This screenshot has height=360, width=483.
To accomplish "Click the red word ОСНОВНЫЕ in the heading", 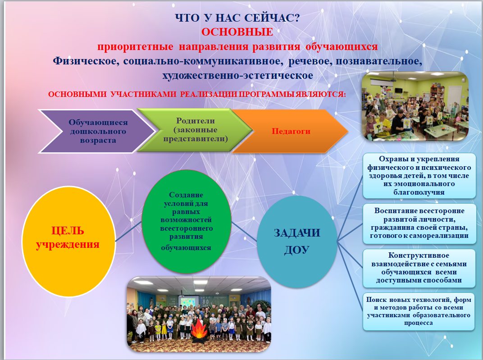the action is coord(237,32).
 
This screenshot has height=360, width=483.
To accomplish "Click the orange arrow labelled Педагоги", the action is coord(290,131).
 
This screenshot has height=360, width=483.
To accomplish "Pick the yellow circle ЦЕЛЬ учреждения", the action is coord(68,242).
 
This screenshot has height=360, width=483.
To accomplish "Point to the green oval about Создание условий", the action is coord(187,221).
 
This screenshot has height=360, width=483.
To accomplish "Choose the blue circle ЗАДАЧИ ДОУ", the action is coord(297,242).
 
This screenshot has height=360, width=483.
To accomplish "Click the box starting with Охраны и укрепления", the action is coord(419,176).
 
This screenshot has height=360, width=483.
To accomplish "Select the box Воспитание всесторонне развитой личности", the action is coord(419,223).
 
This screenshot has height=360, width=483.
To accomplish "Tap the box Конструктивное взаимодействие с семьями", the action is coord(419,268).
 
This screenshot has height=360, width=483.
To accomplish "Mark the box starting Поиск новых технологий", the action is coord(419,312).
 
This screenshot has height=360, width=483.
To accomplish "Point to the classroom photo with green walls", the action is coord(415,106).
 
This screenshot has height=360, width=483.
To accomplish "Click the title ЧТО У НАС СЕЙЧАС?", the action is coord(237,18).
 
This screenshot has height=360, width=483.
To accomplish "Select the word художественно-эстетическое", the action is coord(237,75).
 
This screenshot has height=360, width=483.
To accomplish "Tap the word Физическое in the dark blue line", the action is coord(86,61).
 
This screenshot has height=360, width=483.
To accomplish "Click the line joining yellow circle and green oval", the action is coord(128,232).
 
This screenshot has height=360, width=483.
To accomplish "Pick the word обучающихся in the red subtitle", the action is coord(342,47).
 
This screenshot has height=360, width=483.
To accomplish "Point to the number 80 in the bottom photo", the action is coord(205,301).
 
